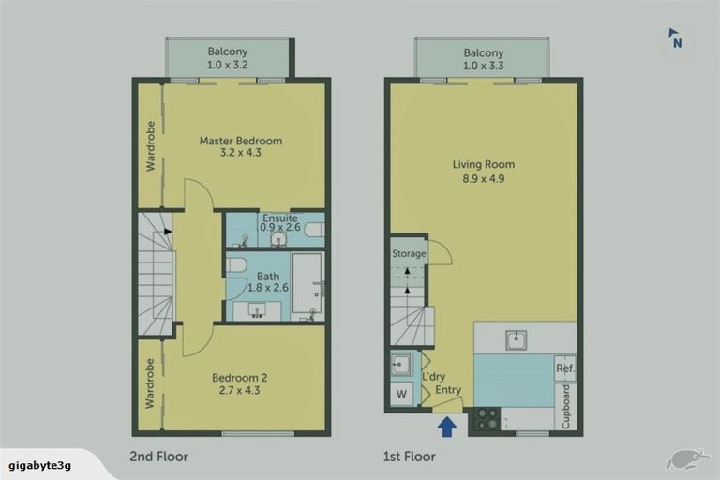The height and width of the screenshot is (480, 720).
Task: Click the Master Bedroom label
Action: [x=240, y=147]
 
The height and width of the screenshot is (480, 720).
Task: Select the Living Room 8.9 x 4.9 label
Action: [x=483, y=171]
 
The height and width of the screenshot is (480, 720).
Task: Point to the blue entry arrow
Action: [x=448, y=427]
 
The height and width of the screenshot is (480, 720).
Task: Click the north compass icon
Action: [x=675, y=39]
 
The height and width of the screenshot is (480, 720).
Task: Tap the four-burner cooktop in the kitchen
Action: [x=486, y=419]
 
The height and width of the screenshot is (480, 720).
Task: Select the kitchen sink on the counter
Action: [x=517, y=339]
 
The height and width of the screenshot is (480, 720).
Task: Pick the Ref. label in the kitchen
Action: [x=564, y=367]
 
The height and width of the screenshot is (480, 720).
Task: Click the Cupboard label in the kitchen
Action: [x=565, y=406]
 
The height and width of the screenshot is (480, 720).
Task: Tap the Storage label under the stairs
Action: [x=409, y=253]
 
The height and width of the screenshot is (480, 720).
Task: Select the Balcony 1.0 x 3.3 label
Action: [x=483, y=59]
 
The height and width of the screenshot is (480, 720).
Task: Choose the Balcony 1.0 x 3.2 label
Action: [x=228, y=59]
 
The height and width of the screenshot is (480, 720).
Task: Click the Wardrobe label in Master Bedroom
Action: [x=150, y=145]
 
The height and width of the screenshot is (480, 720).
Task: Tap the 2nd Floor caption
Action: [x=159, y=457]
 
